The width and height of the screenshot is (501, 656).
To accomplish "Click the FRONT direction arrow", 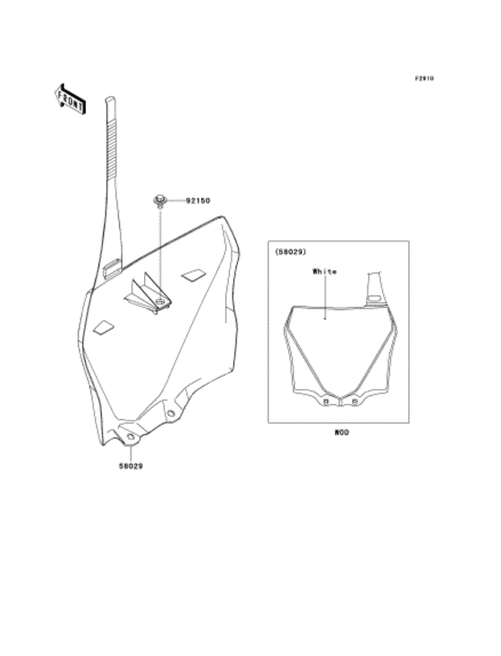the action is coord(71,99).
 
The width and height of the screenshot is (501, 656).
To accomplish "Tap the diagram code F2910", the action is coord(424,78).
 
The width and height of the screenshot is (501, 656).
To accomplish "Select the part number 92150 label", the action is coord(199,200).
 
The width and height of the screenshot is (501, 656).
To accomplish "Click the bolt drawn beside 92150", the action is coord(160,200).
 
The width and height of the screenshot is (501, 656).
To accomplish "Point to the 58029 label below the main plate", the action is coord(131,466).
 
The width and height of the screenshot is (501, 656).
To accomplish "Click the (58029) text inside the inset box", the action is coord(291,251).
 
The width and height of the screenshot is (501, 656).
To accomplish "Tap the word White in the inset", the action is coord(325,271).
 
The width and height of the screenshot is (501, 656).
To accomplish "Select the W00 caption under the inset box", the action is coord(341,432).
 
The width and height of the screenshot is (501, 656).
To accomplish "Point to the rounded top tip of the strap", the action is coord(109,99).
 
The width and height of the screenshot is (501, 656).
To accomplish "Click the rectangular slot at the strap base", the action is coord(112,267).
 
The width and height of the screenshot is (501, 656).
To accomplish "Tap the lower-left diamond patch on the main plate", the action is coord(103,328).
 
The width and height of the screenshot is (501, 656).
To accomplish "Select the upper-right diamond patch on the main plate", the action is coord(192,275).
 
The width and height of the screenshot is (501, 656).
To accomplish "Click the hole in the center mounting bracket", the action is coord(159,302).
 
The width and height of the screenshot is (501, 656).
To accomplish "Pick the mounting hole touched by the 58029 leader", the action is coord(130,438).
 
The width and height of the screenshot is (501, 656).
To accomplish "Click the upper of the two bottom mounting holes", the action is coord(171,413).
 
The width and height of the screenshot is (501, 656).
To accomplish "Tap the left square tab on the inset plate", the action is coord(326,402).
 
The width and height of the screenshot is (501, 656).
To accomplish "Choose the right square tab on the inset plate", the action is coord(354,402).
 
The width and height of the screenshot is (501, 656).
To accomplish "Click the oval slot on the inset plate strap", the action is coord(373,299).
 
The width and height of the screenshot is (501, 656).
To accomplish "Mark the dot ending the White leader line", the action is coord(325,319).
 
